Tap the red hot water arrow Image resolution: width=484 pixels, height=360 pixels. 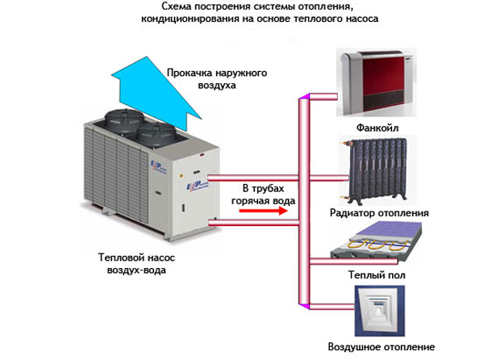(x=263, y=211)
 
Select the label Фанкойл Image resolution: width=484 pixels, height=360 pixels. (x=378, y=128)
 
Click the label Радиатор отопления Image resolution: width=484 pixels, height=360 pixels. (x=379, y=213)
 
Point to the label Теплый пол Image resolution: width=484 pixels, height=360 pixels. (x=377, y=274)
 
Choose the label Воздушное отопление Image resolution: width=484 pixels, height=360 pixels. (x=382, y=347)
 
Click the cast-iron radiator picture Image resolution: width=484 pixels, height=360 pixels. (x=377, y=170)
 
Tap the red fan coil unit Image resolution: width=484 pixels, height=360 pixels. (x=377, y=82)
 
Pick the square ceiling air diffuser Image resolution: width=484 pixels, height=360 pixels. (x=379, y=311)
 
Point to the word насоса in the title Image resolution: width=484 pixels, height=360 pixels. (x=364, y=19)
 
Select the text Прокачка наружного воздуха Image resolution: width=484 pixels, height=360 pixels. (x=217, y=79)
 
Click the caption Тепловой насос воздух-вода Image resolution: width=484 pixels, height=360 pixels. (x=136, y=264)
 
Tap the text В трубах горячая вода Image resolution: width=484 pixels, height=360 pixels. (x=263, y=195)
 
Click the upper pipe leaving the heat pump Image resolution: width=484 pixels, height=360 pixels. (x=254, y=178)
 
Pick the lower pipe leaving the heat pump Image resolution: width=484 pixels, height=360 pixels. (x=254, y=223)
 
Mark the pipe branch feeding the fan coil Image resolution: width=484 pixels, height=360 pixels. (x=323, y=97)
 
